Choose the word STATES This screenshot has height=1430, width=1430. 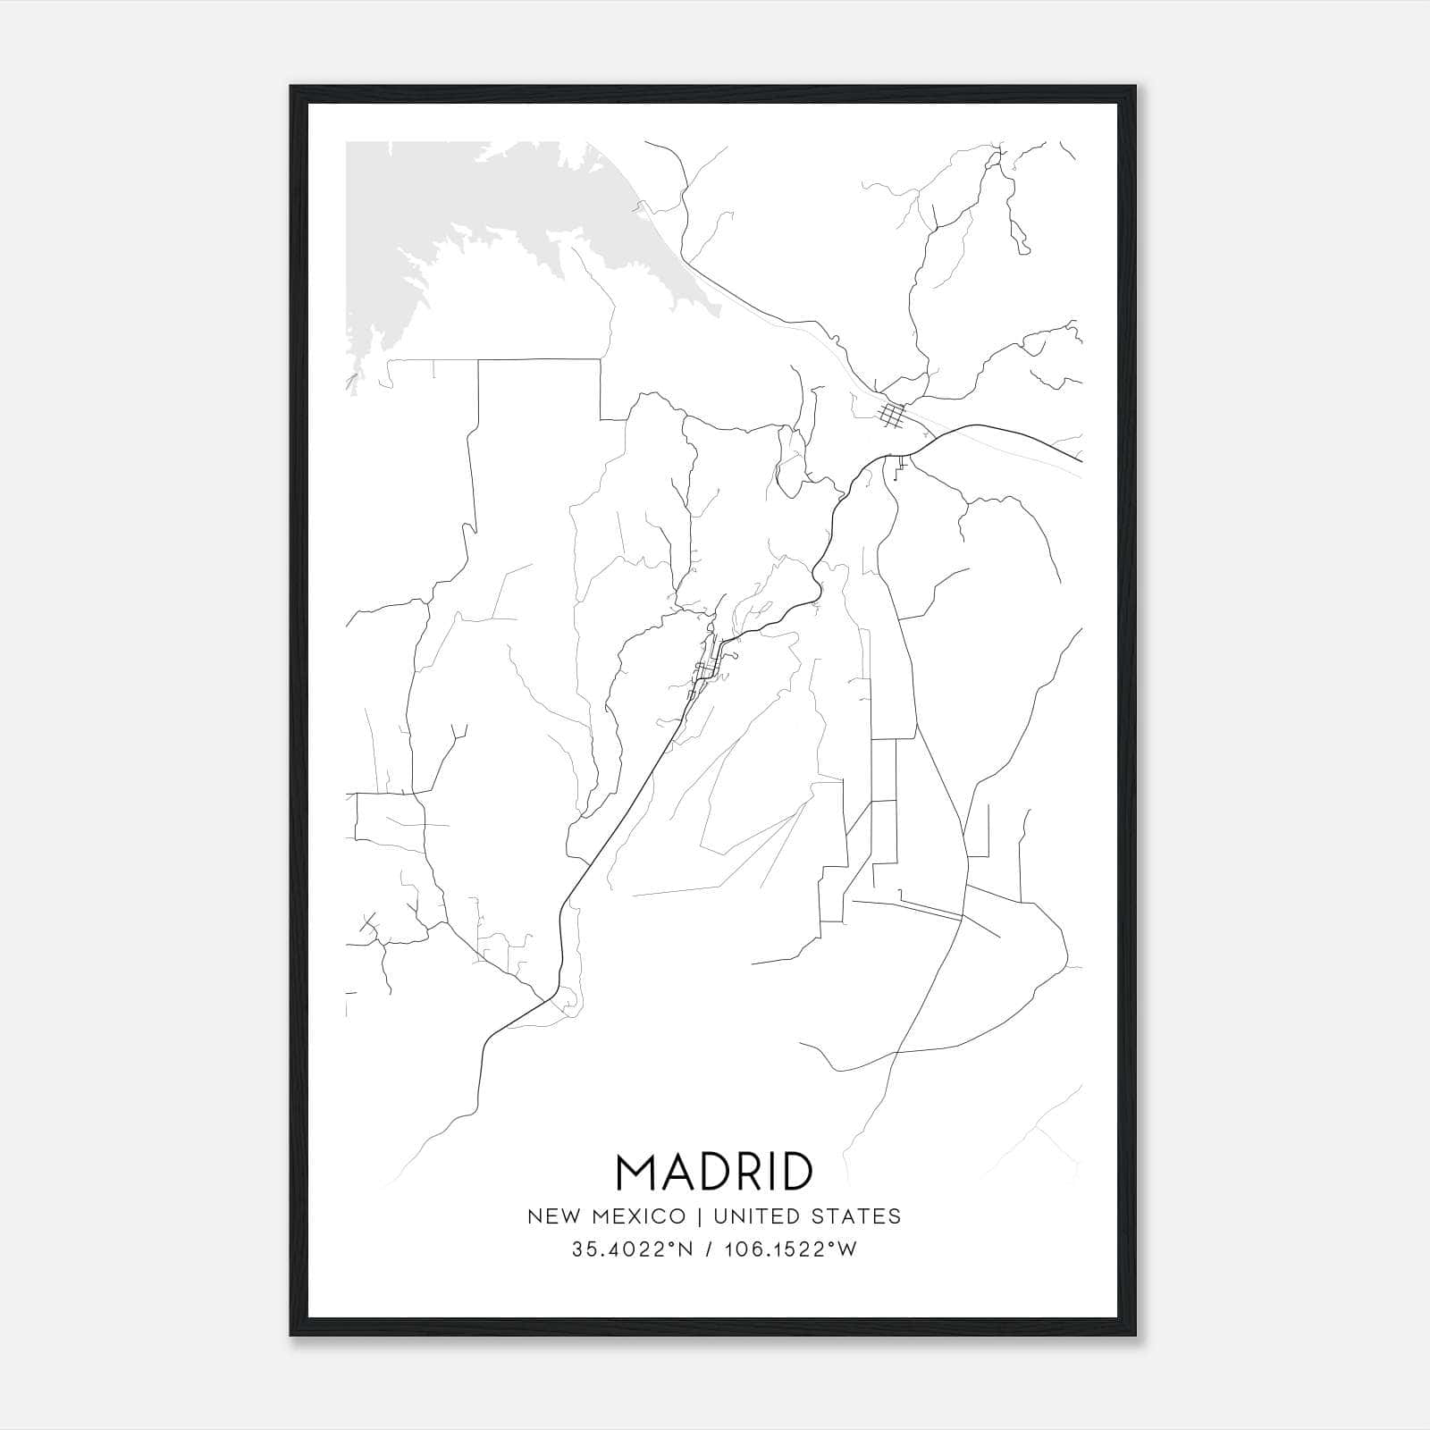857,1216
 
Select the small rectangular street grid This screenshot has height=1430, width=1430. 892,415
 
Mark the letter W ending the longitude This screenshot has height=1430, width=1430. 848,1249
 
